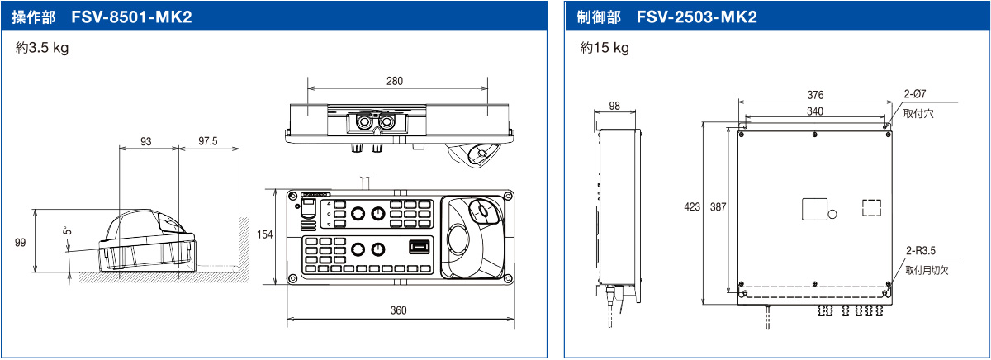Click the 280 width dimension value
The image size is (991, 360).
[395, 81]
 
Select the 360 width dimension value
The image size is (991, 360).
[398, 310]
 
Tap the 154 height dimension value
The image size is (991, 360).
[264, 235]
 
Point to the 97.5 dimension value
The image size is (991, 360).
[208, 141]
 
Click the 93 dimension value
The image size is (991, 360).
[146, 141]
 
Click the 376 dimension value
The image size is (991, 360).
[815, 95]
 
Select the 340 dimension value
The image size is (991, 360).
[815, 111]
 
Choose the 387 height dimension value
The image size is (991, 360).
[718, 207]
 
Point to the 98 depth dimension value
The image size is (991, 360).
[614, 106]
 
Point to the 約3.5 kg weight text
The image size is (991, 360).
[42, 48]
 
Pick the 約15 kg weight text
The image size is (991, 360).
[605, 48]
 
